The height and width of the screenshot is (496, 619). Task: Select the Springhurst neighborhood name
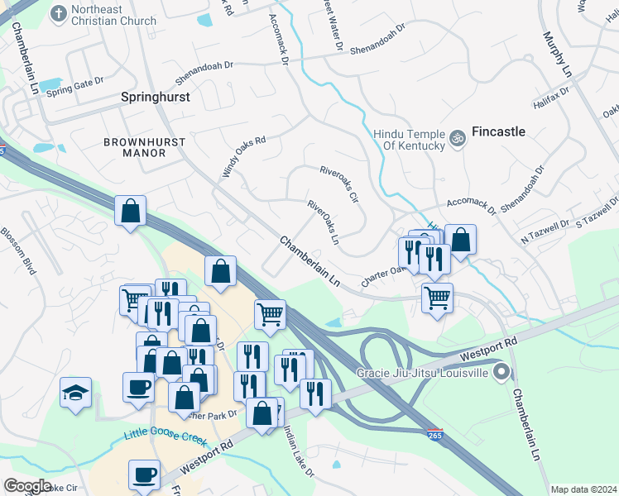[x=156, y=97]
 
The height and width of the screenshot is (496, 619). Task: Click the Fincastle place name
[x=498, y=131]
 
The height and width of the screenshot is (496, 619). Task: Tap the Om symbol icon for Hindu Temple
[x=456, y=136]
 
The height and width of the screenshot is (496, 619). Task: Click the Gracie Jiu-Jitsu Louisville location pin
[x=501, y=374]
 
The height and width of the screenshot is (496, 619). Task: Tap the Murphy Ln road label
[x=557, y=55]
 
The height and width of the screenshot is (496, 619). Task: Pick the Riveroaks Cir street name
[x=339, y=184]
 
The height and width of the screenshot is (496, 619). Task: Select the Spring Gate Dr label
[x=74, y=86]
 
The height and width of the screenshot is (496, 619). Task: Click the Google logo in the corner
[x=27, y=485]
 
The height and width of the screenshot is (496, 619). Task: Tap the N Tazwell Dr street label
[x=545, y=231]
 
